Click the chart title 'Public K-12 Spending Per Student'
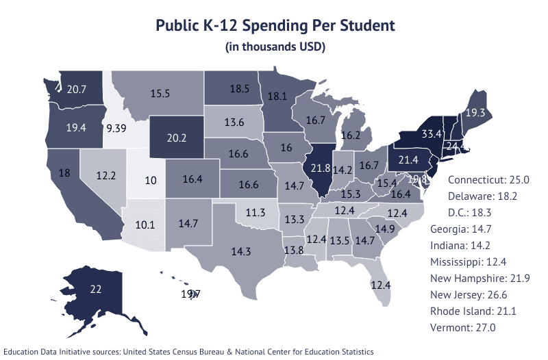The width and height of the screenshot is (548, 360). [x=275, y=26]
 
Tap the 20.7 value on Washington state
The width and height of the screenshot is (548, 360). [x=77, y=89]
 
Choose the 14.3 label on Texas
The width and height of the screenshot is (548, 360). [x=240, y=251]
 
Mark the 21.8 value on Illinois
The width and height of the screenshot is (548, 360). [x=321, y=168]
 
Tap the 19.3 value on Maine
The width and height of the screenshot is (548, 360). [x=475, y=113]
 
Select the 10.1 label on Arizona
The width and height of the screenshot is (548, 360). [x=145, y=224]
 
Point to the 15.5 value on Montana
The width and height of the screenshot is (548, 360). [x=160, y=93]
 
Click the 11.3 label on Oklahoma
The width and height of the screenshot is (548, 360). [x=256, y=213]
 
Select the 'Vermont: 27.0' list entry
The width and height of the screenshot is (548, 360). [x=463, y=328]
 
